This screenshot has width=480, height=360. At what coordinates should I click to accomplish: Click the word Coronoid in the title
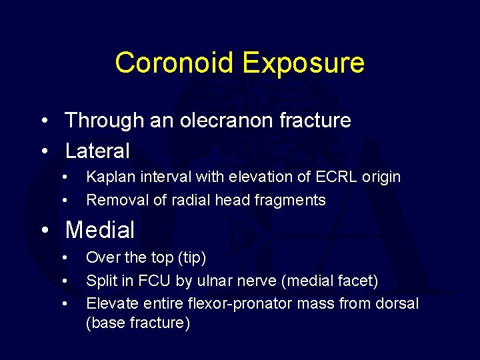175,63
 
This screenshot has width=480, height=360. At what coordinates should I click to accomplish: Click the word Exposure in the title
303,63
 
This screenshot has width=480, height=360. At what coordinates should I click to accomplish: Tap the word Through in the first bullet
104,121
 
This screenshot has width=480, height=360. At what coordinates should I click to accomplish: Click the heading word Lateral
97,151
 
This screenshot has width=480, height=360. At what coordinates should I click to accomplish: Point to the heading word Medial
100,231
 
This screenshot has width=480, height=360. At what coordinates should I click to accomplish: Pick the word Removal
112,200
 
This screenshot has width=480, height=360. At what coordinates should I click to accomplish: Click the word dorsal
398,304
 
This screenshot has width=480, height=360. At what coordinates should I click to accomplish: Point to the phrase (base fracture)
138,323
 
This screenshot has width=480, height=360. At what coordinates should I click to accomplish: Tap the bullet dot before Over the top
65,258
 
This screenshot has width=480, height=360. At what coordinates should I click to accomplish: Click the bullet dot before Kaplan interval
65,177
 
